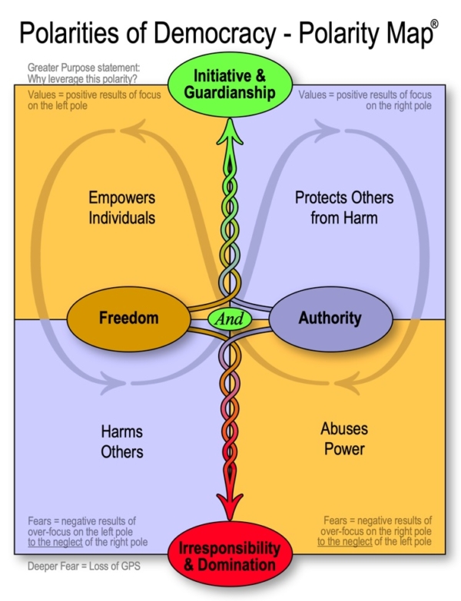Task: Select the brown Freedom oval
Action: tap(128, 317)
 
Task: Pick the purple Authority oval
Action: tap(330, 317)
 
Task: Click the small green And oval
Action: tap(230, 318)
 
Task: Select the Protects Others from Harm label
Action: tap(344, 207)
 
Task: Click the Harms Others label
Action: tap(121, 441)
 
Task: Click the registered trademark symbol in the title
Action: tap(434, 25)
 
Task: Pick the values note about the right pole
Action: tap(368, 100)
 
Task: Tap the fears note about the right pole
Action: tap(374, 530)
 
